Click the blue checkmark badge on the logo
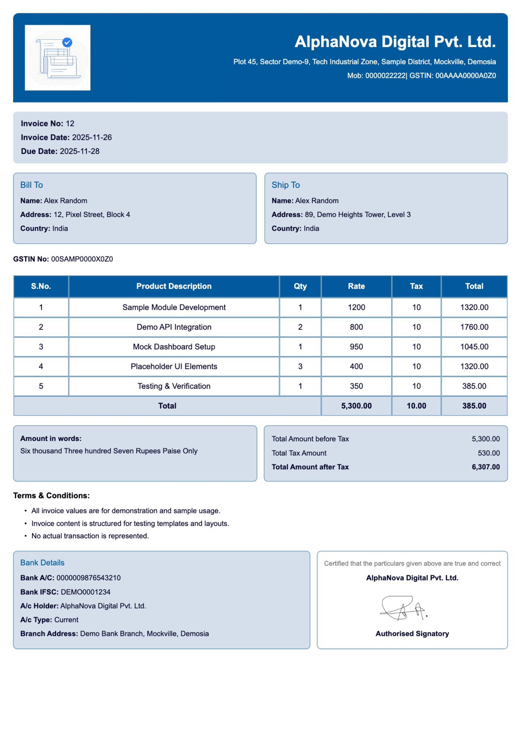(67, 42)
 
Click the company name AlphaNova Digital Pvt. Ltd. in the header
(395, 42)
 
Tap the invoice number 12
(70, 124)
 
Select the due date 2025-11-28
(80, 151)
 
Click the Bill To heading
(31, 185)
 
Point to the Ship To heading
(285, 185)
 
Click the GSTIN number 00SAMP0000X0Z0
(82, 259)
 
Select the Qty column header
(300, 286)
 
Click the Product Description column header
(174, 286)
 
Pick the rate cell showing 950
(357, 347)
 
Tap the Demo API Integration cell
(174, 327)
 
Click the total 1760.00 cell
(474, 327)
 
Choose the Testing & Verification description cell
(174, 386)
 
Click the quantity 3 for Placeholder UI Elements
(300, 366)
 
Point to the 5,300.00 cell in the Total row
(357, 406)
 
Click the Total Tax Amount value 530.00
(489, 453)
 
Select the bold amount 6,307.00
(486, 467)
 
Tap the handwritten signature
(403, 608)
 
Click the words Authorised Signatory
(412, 634)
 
